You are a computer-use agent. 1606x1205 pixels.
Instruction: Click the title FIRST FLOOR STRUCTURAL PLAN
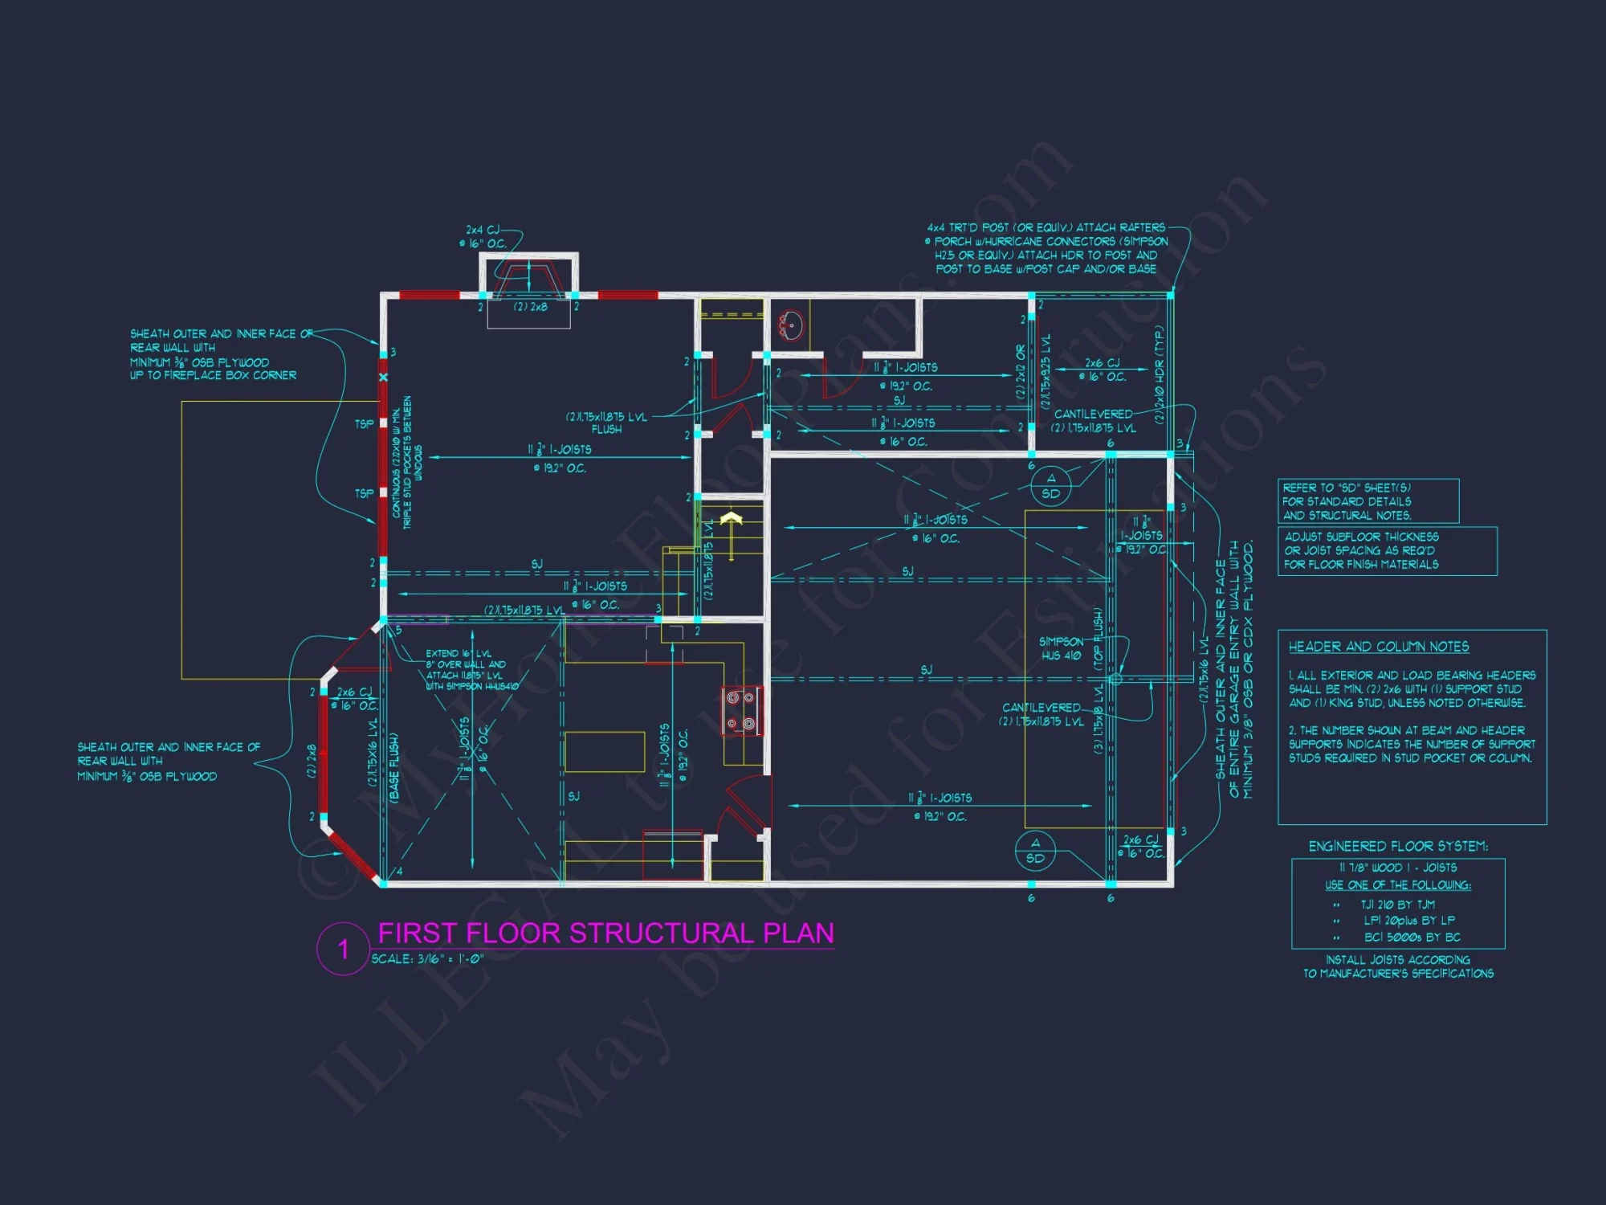point(605,933)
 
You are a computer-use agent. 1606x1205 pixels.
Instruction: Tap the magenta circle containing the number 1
point(343,949)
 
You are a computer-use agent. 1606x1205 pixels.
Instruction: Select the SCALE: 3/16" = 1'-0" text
point(427,959)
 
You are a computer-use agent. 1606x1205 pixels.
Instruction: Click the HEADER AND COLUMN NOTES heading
point(1379,647)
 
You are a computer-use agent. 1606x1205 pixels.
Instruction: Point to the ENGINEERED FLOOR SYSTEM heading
point(1398,846)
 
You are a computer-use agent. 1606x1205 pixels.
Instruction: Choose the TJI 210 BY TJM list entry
point(1397,905)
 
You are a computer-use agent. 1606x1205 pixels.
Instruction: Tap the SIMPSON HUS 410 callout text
point(1061,648)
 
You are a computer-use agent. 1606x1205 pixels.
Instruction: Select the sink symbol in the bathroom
point(790,325)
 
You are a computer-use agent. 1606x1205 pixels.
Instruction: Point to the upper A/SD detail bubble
point(1051,486)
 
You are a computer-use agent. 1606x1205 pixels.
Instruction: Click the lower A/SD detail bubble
point(1035,851)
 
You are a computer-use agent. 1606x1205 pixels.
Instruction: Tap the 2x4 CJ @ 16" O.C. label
point(483,237)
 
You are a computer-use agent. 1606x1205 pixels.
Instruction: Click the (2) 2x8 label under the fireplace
point(530,307)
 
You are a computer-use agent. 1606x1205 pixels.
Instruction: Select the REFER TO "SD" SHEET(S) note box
point(1368,501)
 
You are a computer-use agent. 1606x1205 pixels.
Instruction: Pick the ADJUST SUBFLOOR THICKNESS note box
point(1387,551)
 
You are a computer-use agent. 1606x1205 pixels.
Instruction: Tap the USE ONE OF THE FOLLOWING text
point(1398,885)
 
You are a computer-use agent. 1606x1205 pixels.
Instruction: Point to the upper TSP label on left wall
point(364,423)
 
